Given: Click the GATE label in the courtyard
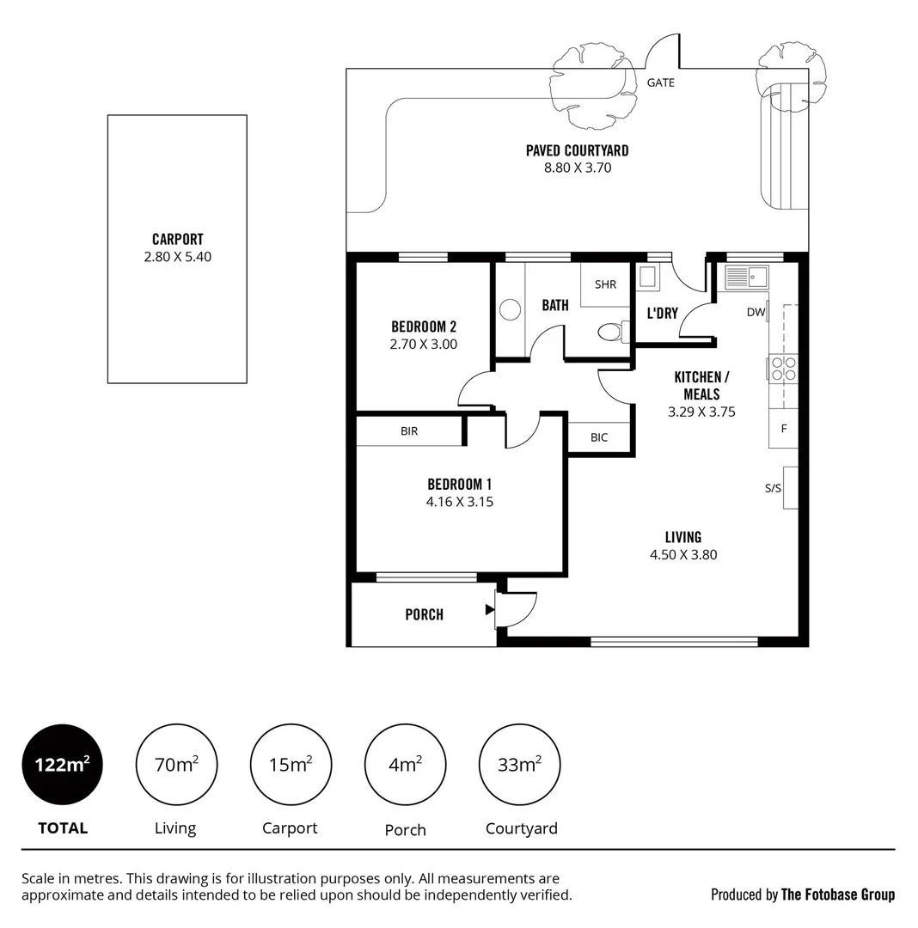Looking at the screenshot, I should point(660,82).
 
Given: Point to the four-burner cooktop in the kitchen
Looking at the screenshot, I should point(783,368).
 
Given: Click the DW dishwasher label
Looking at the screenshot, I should point(756,312).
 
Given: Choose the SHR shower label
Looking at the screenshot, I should point(605,284).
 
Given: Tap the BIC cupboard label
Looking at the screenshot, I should point(599,437).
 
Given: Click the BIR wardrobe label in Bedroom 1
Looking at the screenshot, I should point(409,430).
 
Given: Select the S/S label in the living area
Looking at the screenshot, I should point(773,488).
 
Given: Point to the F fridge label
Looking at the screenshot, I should point(783,428).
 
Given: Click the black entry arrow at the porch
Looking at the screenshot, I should point(489,610).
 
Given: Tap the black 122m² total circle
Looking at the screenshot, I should point(62,765).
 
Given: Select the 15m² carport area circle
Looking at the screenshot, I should point(291,765).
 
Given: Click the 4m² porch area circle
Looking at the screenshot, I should point(405,765).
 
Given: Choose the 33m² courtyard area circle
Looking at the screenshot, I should point(519,765).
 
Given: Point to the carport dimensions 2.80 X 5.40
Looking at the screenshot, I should point(177,256).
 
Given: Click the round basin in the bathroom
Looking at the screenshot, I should point(511,309).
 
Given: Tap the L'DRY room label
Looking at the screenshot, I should point(662,313).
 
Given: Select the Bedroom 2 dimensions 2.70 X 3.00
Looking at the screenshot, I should point(424,344).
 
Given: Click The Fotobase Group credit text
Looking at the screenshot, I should point(837,894).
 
